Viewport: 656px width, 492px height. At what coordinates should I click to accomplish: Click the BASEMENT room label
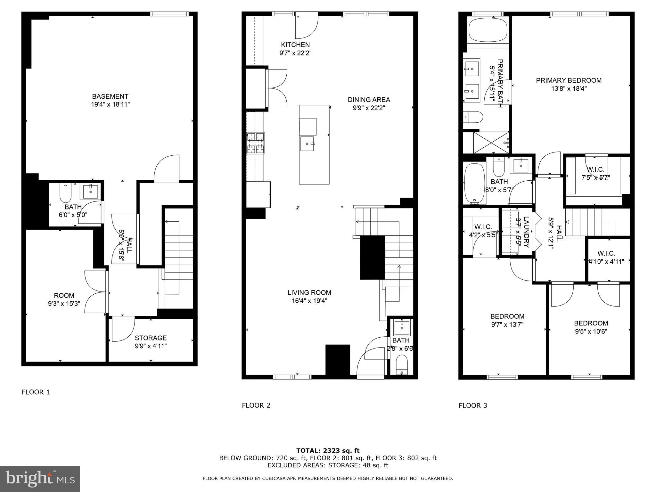(110, 96)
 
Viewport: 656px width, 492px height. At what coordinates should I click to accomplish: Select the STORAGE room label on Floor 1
(151, 338)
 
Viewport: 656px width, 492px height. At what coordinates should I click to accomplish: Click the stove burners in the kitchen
(256, 143)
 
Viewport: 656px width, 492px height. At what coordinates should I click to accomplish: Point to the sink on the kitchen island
(308, 144)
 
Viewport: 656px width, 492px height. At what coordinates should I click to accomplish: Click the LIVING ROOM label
(309, 292)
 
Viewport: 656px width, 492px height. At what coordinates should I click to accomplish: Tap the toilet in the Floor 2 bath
(402, 365)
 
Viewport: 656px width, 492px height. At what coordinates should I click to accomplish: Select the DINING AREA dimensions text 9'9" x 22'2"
(369, 108)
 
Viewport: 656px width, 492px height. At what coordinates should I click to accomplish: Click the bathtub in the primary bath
(488, 30)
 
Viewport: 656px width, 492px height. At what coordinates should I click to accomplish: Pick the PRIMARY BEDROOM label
(569, 80)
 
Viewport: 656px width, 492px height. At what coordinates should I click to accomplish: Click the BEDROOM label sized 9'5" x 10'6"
(591, 323)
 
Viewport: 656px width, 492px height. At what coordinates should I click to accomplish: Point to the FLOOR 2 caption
(256, 406)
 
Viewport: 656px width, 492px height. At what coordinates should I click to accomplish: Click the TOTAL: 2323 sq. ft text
(328, 451)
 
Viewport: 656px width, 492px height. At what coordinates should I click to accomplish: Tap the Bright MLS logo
(40, 479)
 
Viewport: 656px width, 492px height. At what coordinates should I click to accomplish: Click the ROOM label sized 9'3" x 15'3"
(64, 295)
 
